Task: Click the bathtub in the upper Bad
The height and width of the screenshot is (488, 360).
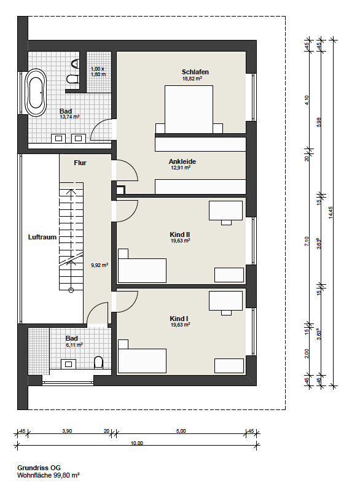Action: (37, 92)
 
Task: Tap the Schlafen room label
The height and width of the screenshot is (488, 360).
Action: (195, 72)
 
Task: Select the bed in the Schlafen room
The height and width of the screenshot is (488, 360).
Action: (189, 109)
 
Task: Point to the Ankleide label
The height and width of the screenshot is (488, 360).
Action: (182, 161)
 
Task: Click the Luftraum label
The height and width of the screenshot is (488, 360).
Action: (42, 237)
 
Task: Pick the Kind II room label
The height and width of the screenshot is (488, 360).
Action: (179, 234)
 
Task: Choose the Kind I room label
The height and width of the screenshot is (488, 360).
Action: (179, 319)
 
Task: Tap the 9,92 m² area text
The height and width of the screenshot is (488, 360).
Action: (100, 265)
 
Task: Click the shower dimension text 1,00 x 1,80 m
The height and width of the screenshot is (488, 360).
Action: (98, 72)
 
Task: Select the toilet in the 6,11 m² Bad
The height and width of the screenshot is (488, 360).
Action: (98, 362)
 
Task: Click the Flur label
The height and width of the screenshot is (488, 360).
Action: (80, 163)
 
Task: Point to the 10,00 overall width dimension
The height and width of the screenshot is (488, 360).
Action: (137, 443)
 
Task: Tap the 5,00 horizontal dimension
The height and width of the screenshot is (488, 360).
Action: (181, 431)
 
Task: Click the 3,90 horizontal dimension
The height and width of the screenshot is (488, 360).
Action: (67, 431)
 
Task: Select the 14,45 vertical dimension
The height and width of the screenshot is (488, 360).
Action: (331, 213)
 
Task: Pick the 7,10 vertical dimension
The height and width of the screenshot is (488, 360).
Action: (307, 242)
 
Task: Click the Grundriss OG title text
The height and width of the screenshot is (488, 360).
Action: (39, 468)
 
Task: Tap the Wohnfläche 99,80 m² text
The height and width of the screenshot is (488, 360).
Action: (49, 475)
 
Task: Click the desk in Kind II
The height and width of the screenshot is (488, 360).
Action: (226, 211)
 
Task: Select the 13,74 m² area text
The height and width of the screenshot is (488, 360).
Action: (69, 117)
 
